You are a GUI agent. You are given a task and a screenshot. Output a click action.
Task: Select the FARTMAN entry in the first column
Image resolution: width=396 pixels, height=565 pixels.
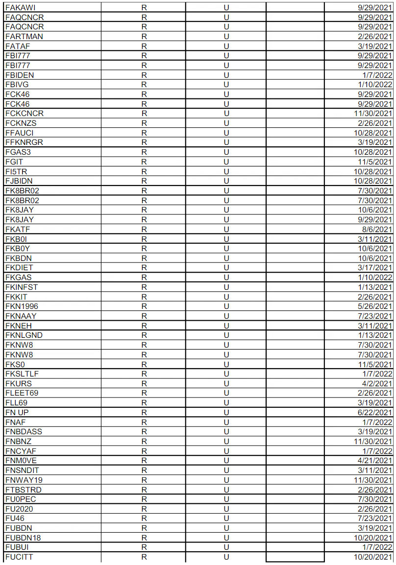(x=24, y=36)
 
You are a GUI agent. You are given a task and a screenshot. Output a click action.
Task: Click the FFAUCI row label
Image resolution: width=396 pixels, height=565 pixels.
(x=19, y=133)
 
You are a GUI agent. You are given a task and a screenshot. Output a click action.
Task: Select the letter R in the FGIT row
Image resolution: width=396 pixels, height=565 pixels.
(x=144, y=162)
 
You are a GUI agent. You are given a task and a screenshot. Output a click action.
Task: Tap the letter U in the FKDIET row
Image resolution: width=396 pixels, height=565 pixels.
(x=226, y=268)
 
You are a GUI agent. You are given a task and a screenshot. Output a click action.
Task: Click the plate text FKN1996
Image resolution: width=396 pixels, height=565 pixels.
(x=22, y=306)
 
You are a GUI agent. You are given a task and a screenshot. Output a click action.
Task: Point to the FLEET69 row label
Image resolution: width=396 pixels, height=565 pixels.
(x=22, y=393)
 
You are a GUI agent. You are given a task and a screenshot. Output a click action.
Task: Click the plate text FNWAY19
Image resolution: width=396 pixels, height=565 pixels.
(x=24, y=480)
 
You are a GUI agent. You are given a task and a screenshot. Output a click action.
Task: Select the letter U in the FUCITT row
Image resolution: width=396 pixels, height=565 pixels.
(x=226, y=557)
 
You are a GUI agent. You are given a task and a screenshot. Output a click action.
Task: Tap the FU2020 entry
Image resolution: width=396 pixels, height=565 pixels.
(x=19, y=509)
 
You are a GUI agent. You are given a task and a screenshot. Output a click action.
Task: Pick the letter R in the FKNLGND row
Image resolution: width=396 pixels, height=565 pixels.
(x=144, y=335)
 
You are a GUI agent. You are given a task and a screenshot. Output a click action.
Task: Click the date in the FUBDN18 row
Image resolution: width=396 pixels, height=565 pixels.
(x=374, y=538)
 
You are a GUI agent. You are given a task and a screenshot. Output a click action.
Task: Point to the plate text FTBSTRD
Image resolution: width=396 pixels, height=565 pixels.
(x=23, y=490)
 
